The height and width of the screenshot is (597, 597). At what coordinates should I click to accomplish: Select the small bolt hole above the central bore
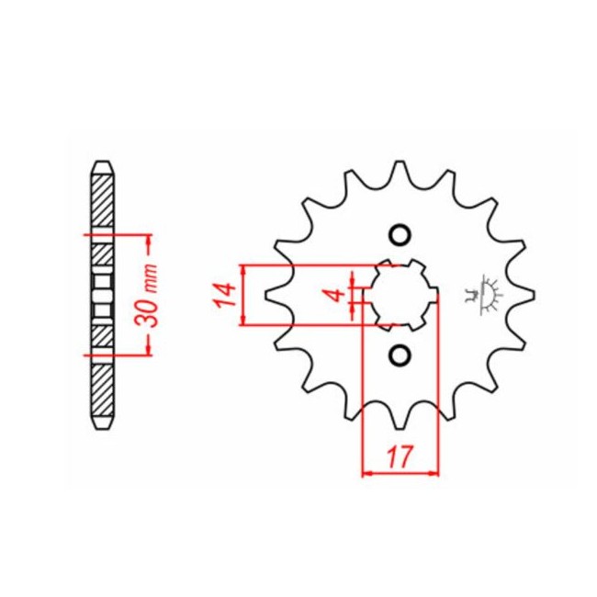pyautogui.click(x=400, y=235)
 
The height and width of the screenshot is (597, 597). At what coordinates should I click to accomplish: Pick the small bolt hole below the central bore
pyautogui.click(x=400, y=355)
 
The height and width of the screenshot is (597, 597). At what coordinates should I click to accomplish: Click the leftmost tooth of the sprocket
pyautogui.click(x=273, y=295)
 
